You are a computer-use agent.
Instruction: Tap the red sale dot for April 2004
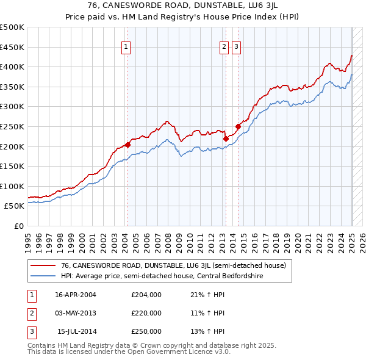pos(128,145)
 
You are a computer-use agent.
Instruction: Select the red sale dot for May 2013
pos(226,139)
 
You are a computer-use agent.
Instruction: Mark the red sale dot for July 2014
pos(238,126)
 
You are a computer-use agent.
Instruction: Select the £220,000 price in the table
pos(146,313)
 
